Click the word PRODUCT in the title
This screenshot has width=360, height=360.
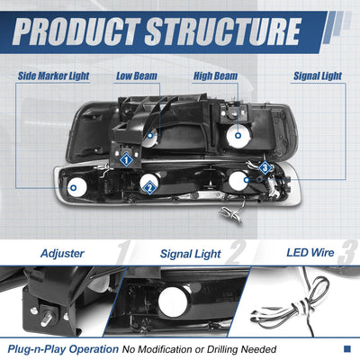[x=76, y=31]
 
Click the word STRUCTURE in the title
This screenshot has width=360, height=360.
[x=223, y=31]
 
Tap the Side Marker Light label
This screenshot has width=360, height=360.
[x=53, y=76]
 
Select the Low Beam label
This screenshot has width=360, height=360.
[x=137, y=76]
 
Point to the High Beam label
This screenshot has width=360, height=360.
[x=215, y=76]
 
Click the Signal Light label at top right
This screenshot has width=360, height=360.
[x=318, y=76]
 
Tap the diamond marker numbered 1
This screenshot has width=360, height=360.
[x=126, y=159]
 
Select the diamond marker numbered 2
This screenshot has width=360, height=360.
[x=149, y=188]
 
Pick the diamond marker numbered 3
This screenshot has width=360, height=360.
[x=265, y=167]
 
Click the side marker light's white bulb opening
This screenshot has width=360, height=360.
[x=76, y=187]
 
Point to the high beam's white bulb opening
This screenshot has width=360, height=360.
[x=238, y=136]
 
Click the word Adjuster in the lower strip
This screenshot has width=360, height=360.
[x=62, y=254]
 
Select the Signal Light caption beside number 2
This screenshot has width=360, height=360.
[x=191, y=254]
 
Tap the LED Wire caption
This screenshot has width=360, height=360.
[x=310, y=253]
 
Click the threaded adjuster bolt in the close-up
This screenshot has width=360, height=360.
[x=48, y=318]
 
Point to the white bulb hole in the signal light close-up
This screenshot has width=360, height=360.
[x=173, y=301]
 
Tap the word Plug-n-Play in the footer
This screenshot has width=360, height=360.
[x=37, y=349]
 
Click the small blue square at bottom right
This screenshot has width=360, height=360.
[x=347, y=349]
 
